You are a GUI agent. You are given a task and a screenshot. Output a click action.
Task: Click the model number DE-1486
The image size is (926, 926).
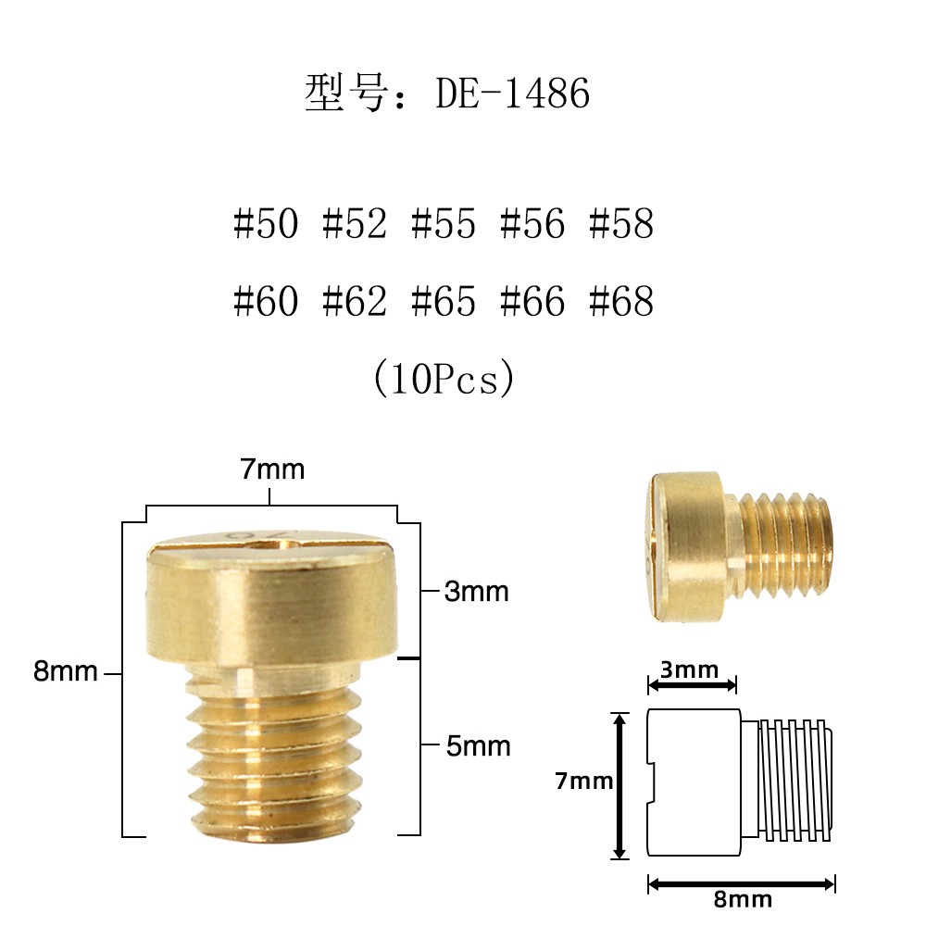pyautogui.click(x=512, y=94)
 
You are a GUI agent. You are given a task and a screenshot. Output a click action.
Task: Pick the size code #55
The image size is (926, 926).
pyautogui.click(x=444, y=224)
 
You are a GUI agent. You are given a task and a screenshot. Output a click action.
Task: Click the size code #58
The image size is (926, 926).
pyautogui.click(x=621, y=224)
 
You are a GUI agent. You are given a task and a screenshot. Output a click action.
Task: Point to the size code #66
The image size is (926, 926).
pyautogui.click(x=532, y=302)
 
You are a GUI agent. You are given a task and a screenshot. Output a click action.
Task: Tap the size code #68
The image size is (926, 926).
pyautogui.click(x=621, y=302)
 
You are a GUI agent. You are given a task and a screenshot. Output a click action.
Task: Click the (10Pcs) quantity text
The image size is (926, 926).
pyautogui.click(x=443, y=379)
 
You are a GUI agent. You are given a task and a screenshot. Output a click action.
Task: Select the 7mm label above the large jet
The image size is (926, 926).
pyautogui.click(x=272, y=469)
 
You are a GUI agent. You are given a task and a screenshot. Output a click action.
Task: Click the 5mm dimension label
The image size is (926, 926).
pyautogui.click(x=478, y=745)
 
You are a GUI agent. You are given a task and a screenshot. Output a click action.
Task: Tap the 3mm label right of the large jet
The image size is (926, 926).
pyautogui.click(x=477, y=592)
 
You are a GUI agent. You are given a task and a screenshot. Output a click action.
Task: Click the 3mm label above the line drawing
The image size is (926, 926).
pyautogui.click(x=692, y=669)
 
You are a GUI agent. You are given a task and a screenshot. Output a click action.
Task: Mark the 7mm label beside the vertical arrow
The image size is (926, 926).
pyautogui.click(x=584, y=782)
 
